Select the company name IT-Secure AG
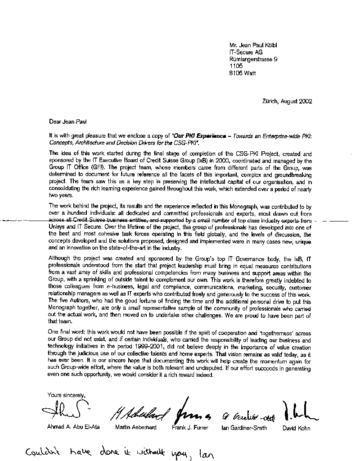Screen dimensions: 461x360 click(246, 52)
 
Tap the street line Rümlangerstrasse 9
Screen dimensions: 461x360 click(253, 59)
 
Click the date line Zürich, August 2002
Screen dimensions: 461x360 click(287, 101)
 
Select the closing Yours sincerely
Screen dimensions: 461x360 click(66, 395)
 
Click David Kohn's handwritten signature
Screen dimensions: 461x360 click(297, 410)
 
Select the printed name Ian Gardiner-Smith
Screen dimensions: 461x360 click(244, 428)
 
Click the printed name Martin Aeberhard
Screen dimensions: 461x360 click(136, 427)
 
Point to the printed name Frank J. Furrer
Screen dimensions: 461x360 click(190, 427)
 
